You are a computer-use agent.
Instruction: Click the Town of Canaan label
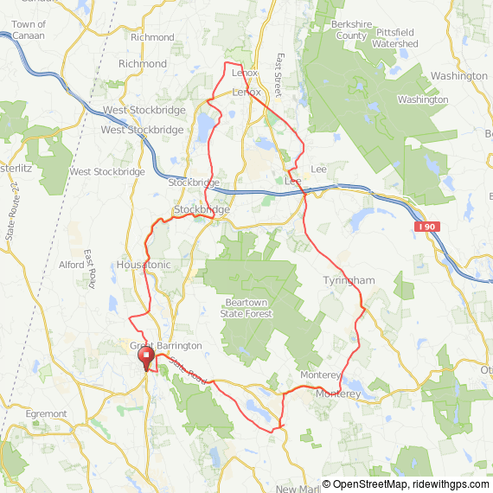click(x=29, y=30)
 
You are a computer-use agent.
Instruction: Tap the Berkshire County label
click(x=349, y=31)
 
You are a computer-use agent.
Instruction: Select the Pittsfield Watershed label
click(x=397, y=37)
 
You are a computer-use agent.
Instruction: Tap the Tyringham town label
click(x=349, y=281)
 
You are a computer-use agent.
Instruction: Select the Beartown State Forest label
click(x=248, y=308)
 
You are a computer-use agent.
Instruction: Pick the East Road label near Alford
click(x=89, y=265)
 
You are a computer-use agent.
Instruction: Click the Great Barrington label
click(x=165, y=346)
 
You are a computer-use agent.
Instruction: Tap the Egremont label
click(x=47, y=414)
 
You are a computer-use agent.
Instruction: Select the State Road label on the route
click(x=189, y=370)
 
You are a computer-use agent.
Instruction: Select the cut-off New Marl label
click(x=298, y=489)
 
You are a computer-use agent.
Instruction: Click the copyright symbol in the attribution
click(x=327, y=484)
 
